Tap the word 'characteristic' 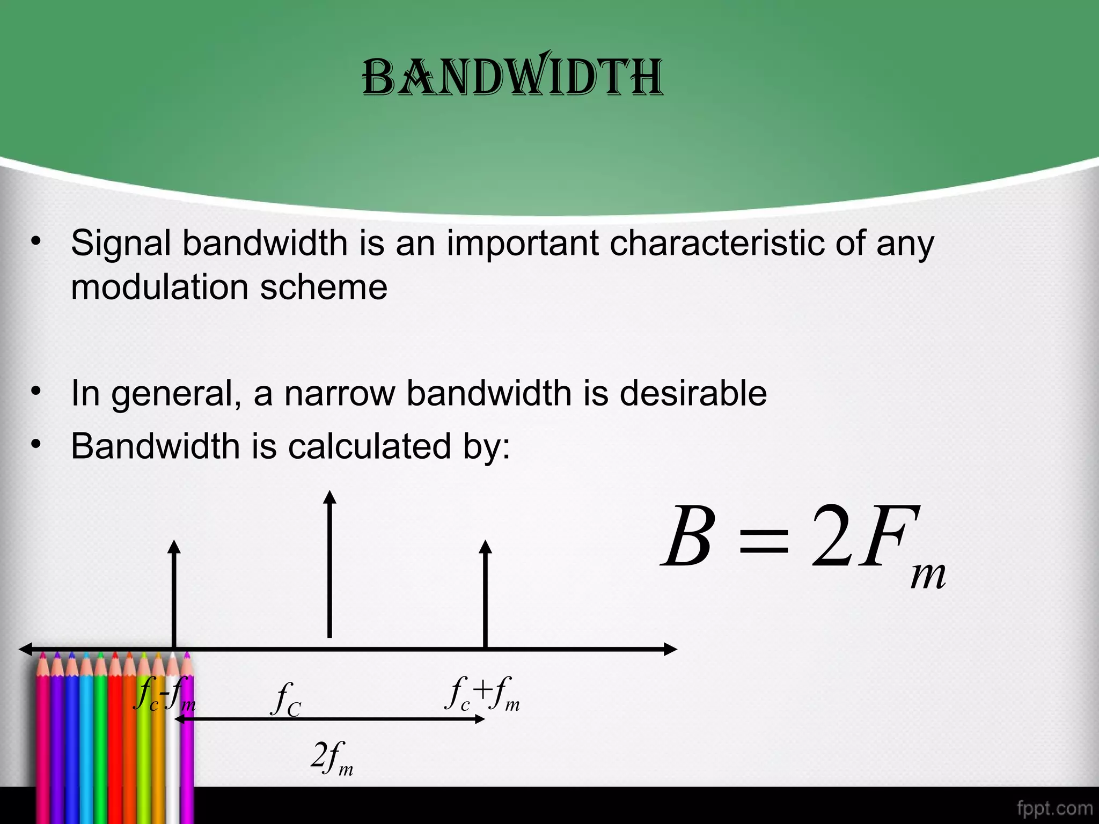point(717,243)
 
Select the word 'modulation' point(159,287)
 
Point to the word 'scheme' point(324,287)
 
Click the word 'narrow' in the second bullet point(340,393)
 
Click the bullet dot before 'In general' point(36,391)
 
